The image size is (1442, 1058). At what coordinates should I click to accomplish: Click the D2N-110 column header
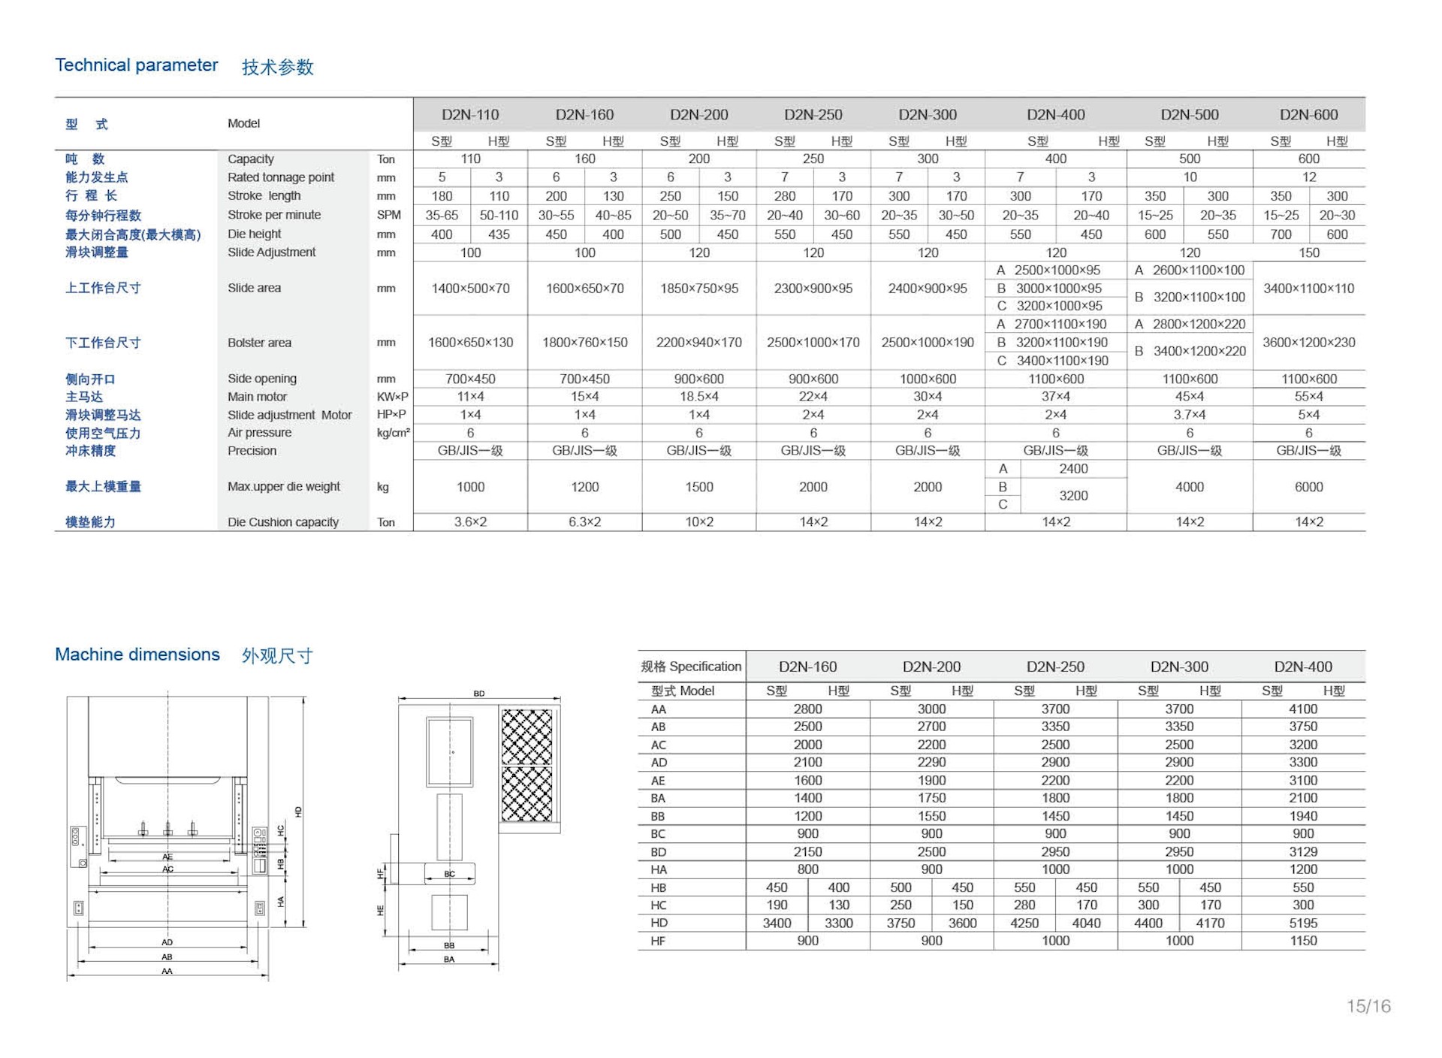pyautogui.click(x=470, y=115)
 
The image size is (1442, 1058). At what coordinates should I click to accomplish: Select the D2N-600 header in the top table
pyautogui.click(x=1308, y=115)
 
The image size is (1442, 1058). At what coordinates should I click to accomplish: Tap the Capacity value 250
pyautogui.click(x=813, y=159)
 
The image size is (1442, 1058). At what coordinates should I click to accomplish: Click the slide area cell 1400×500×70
pyautogui.click(x=470, y=289)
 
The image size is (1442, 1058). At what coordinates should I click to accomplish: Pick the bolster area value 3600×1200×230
pyautogui.click(x=1308, y=343)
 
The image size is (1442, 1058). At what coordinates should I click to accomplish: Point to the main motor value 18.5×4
pyautogui.click(x=698, y=397)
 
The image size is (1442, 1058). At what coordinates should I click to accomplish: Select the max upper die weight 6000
pyautogui.click(x=1308, y=487)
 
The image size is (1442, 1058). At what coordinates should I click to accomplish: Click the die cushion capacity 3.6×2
pyautogui.click(x=470, y=522)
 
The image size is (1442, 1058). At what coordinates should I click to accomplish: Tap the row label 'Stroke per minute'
pyautogui.click(x=274, y=215)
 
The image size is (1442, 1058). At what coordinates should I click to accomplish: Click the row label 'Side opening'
pyautogui.click(x=262, y=379)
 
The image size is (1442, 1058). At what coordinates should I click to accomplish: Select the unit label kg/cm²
pyautogui.click(x=393, y=433)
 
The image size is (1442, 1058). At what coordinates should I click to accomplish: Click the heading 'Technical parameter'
pyautogui.click(x=137, y=65)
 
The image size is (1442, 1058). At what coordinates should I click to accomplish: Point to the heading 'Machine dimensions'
pyautogui.click(x=137, y=654)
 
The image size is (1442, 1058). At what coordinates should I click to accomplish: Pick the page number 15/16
pyautogui.click(x=1368, y=1006)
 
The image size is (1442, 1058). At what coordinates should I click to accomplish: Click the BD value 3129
pyautogui.click(x=1303, y=852)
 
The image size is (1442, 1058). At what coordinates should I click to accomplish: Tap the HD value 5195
pyautogui.click(x=1303, y=923)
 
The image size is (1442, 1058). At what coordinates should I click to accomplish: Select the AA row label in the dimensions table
pyautogui.click(x=659, y=709)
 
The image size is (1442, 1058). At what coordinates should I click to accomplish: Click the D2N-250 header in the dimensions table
pyautogui.click(x=1055, y=667)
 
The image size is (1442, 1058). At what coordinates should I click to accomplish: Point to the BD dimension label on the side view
pyautogui.click(x=479, y=694)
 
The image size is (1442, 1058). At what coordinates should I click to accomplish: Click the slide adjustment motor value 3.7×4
pyautogui.click(x=1190, y=415)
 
